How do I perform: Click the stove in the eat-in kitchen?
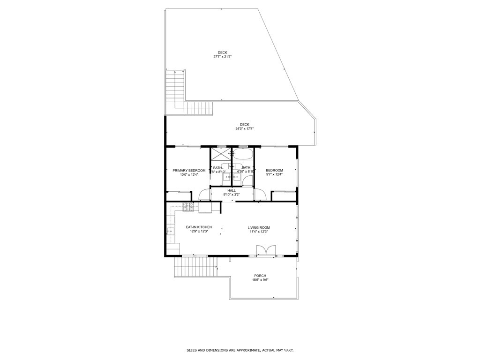[x=188, y=206]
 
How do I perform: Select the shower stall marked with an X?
[x=217, y=154]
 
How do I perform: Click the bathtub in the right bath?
[x=242, y=154]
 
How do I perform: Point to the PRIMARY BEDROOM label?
[x=189, y=170]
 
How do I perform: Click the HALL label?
[x=232, y=190]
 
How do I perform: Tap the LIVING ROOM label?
[x=259, y=228]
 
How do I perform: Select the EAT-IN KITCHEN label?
[x=199, y=227]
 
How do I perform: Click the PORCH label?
[x=260, y=276]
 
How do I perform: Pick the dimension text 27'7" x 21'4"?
[x=223, y=57]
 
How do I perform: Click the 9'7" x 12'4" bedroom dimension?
[x=274, y=174]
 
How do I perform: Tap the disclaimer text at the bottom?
[x=240, y=350]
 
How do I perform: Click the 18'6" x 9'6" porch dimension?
[x=260, y=280]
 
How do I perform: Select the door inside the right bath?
[x=248, y=180]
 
